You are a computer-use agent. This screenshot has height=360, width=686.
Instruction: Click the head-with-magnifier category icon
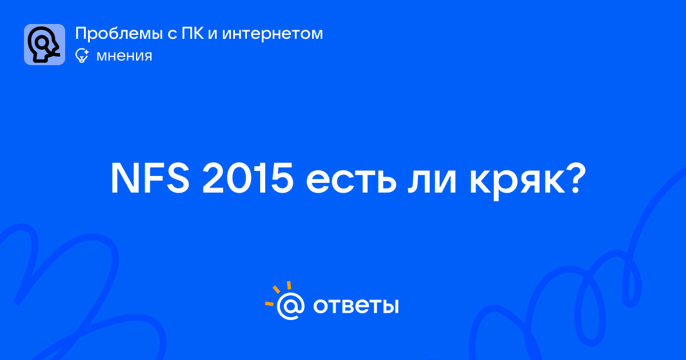click(45, 45)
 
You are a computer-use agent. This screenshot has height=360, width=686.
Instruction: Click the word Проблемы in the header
click(119, 34)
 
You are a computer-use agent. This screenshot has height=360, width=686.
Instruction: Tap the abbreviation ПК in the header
click(192, 33)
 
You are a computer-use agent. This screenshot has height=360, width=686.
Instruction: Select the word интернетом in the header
click(273, 34)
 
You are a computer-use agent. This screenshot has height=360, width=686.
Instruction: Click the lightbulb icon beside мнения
click(82, 55)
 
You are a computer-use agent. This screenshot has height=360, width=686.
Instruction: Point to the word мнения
click(124, 56)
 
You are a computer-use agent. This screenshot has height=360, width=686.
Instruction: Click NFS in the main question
click(150, 178)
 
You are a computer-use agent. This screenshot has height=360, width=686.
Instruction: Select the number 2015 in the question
click(248, 178)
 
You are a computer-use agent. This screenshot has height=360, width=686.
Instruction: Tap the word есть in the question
click(351, 182)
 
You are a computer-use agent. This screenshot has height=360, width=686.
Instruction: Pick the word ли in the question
click(432, 182)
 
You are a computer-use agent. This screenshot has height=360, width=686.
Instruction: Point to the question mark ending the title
click(576, 178)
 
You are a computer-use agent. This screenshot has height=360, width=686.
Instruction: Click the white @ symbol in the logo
click(290, 306)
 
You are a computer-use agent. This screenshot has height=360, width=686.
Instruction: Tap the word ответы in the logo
click(356, 306)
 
